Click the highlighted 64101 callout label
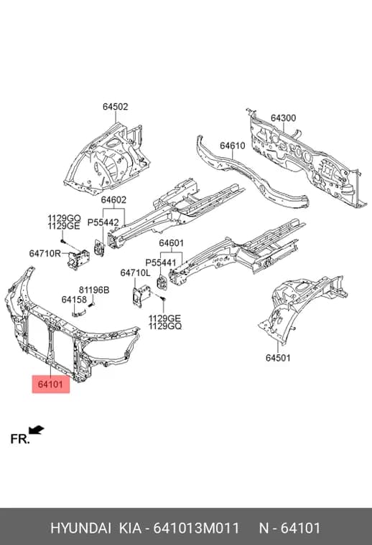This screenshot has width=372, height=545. tap(51, 384)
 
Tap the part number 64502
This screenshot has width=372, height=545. tap(115, 107)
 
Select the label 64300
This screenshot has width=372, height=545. tap(283, 118)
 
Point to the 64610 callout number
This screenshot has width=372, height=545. tap(233, 146)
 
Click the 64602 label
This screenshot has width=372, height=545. tap(113, 200)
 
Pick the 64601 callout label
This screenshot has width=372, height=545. tap(171, 243)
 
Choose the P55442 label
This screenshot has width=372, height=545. tap(103, 222)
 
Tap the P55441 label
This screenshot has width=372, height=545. tap(161, 262)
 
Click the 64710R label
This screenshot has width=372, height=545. tap(45, 253)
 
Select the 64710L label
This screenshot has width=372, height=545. tap(135, 273)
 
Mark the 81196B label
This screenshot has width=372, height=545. tap(94, 290)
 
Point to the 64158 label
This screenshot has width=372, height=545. tap(74, 299)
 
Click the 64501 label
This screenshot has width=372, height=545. tap(278, 358)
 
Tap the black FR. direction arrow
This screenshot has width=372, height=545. tap(36, 430)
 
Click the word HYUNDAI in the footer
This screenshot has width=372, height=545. tap(80, 528)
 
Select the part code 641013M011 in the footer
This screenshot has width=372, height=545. tap(196, 528)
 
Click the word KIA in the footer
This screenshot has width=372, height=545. tap(131, 528)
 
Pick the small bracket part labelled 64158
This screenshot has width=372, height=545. tap(79, 313)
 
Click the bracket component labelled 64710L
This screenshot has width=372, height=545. tap(141, 295)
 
